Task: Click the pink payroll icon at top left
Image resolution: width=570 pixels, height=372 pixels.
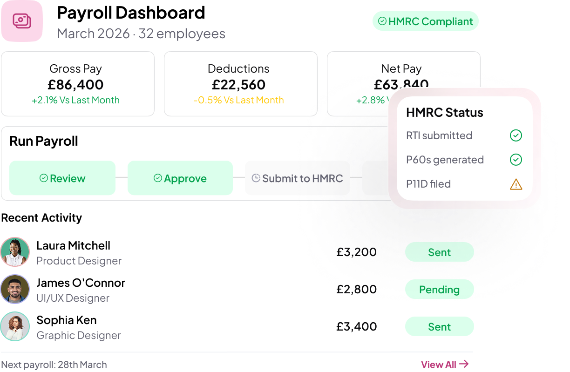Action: coord(22,21)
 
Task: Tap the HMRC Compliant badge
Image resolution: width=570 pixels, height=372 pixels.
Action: coord(425,21)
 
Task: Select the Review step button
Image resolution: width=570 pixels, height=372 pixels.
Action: coord(62,178)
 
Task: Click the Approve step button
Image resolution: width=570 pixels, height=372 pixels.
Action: coord(180,178)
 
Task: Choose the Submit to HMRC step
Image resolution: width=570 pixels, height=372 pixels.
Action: coord(298,178)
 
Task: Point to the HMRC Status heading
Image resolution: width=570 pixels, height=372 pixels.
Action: coord(444,113)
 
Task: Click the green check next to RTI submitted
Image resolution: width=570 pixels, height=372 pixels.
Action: coord(516,135)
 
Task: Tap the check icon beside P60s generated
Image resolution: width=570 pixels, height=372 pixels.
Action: coord(516,160)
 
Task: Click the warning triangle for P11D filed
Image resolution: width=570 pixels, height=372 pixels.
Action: coord(516,184)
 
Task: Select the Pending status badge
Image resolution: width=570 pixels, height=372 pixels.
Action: coord(439,290)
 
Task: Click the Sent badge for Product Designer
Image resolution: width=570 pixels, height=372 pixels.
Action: coord(439,252)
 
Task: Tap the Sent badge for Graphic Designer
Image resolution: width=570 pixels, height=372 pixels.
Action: coord(439,327)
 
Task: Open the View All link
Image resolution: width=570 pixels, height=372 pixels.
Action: coord(444,365)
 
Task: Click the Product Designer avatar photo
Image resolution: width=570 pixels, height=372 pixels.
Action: coord(15,252)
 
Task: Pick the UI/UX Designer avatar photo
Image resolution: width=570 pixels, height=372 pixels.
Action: coord(15,289)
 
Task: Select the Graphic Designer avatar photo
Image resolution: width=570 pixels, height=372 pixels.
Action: coord(15,326)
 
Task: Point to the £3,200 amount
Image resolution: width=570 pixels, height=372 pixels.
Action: coord(356,252)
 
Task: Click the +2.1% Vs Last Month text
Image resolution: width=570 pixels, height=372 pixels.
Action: coord(75,100)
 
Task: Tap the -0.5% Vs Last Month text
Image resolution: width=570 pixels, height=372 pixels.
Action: coord(238,100)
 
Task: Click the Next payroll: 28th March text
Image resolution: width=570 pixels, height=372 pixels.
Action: coord(54,365)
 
